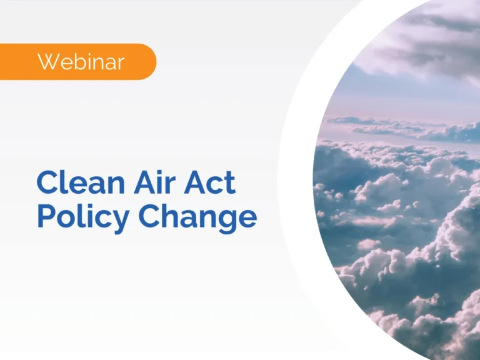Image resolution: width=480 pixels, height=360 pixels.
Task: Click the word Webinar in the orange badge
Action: click(x=81, y=62)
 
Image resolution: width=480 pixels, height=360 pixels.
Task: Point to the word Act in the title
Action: click(x=212, y=184)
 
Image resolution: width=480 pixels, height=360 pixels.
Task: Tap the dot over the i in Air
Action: click(x=164, y=171)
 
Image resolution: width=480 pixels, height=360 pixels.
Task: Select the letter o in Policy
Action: click(x=71, y=218)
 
